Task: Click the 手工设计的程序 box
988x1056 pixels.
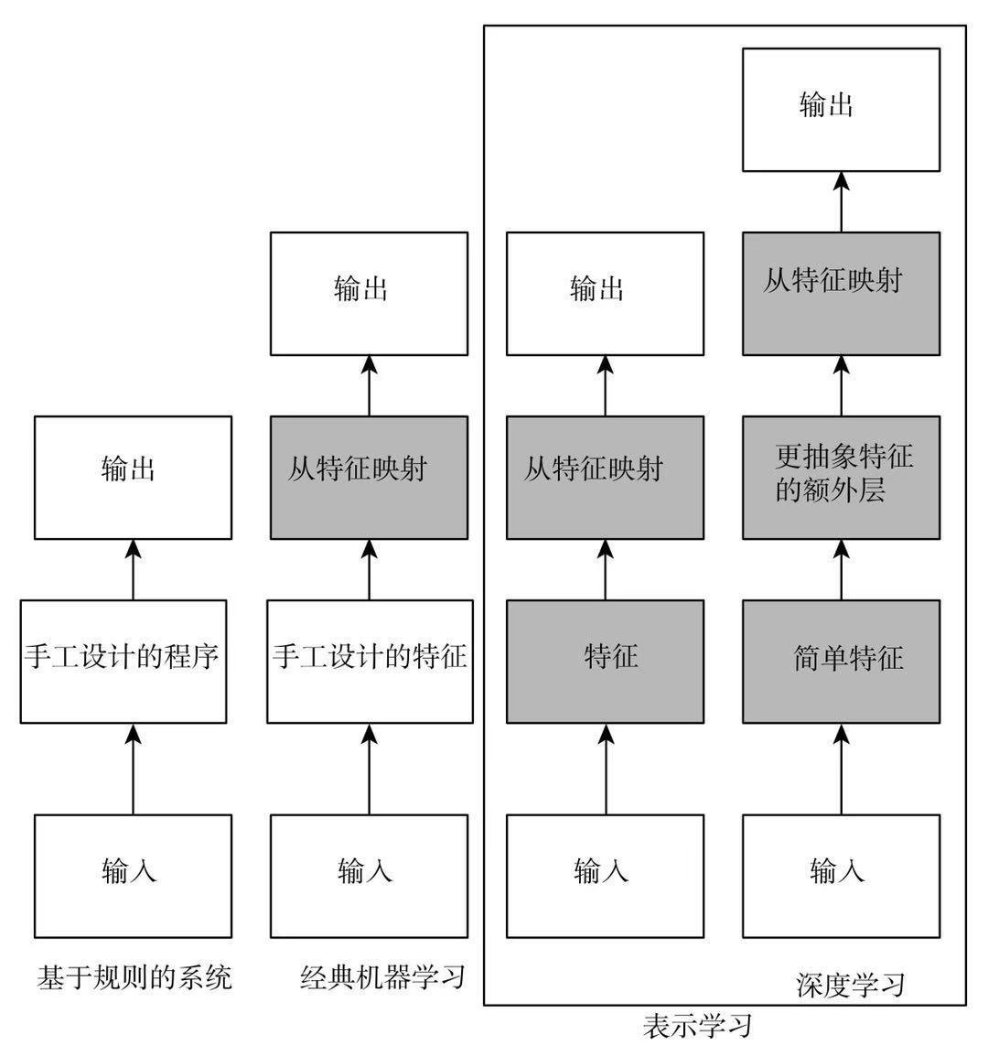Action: point(123,661)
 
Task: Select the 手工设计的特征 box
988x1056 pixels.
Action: point(370,661)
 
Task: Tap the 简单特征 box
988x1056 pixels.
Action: point(841,661)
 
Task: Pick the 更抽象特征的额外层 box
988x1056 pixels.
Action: point(841,477)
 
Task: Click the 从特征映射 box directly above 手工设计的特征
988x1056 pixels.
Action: point(369,477)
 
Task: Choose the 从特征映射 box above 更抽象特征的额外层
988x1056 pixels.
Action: point(841,293)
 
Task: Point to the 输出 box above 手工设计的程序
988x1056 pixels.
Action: point(133,477)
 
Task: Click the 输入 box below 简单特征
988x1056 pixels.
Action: point(841,876)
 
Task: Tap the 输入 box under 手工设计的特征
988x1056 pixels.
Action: point(369,876)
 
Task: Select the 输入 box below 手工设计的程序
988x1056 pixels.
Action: point(133,876)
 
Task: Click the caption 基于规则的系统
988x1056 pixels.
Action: point(134,977)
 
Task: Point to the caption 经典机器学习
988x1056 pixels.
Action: point(382,977)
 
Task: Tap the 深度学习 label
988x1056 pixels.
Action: point(850,985)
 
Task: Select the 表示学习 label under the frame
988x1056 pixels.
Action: point(697,1025)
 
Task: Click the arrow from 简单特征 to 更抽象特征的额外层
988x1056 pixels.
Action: point(841,569)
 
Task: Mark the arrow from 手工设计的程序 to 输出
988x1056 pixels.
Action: point(133,569)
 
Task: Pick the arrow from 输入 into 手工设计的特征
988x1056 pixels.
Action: point(370,769)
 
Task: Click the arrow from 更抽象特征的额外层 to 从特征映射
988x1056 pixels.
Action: point(841,385)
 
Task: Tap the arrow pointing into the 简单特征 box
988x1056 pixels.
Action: point(841,769)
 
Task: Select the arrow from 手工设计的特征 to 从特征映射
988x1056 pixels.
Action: point(370,569)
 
